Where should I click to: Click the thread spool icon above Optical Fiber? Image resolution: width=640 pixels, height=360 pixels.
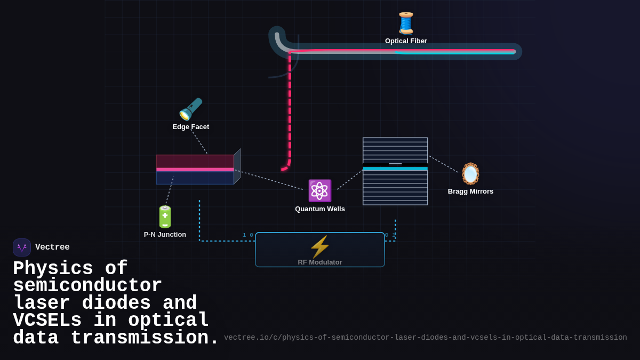click(406, 23)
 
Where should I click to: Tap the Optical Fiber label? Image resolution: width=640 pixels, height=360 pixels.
click(406, 41)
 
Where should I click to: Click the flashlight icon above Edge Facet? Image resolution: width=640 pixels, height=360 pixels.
click(190, 109)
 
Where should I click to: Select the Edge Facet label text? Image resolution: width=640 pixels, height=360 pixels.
click(190, 127)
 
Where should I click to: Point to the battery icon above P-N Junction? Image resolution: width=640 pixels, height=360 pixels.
click(165, 217)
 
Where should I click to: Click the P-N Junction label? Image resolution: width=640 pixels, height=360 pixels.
click(165, 235)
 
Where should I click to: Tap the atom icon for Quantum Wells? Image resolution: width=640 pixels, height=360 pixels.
click(319, 191)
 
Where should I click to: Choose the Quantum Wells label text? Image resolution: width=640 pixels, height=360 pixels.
click(319, 209)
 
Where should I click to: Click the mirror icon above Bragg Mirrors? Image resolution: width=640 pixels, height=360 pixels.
click(470, 174)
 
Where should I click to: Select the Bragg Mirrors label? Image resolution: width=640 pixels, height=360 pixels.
click(470, 191)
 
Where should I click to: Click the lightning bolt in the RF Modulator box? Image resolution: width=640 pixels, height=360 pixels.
click(319, 246)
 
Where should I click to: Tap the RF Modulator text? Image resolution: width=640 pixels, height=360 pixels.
click(319, 262)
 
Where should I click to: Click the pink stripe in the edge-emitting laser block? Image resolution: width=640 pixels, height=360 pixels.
click(195, 170)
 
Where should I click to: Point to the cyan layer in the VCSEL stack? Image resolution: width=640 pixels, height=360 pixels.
click(395, 169)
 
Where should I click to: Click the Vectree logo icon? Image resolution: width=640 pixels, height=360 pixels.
click(22, 247)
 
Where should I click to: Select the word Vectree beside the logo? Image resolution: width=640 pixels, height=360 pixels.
click(52, 247)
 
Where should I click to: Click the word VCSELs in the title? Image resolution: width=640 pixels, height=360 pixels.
click(47, 321)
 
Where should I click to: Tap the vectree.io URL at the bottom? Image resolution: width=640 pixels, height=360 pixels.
click(425, 338)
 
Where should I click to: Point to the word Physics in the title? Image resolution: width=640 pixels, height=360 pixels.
click(53, 269)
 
